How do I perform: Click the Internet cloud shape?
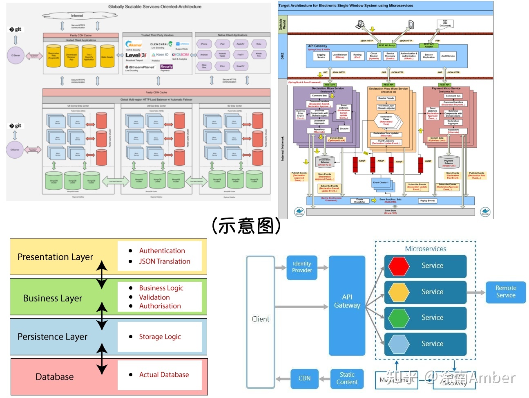pyautogui.click(x=77, y=16)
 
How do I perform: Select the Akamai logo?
pyautogui.click(x=134, y=45)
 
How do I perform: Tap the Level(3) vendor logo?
pyautogui.click(x=136, y=55)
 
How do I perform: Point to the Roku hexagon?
pyautogui.click(x=259, y=44)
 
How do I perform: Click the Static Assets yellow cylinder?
pyautogui.click(x=107, y=56)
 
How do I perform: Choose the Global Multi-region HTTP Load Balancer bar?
pyautogui.click(x=156, y=99)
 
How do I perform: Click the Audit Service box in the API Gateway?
pyautogui.click(x=448, y=56)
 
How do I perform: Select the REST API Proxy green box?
pyautogui.click(x=386, y=45)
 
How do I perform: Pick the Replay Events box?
pyautogui.click(x=427, y=201)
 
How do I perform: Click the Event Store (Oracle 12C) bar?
pyautogui.click(x=390, y=212)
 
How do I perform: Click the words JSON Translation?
pyautogui.click(x=165, y=261)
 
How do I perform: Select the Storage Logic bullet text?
pyautogui.click(x=160, y=337)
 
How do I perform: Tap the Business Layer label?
pyautogui.click(x=53, y=298)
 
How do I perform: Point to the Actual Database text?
pyautogui.click(x=164, y=375)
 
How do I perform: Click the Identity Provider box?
pyautogui.click(x=302, y=267)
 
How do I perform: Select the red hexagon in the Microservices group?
pyautogui.click(x=399, y=266)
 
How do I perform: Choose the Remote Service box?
pyautogui.click(x=505, y=292)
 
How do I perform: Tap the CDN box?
pyautogui.click(x=304, y=378)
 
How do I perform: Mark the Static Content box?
pyautogui.click(x=347, y=378)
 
